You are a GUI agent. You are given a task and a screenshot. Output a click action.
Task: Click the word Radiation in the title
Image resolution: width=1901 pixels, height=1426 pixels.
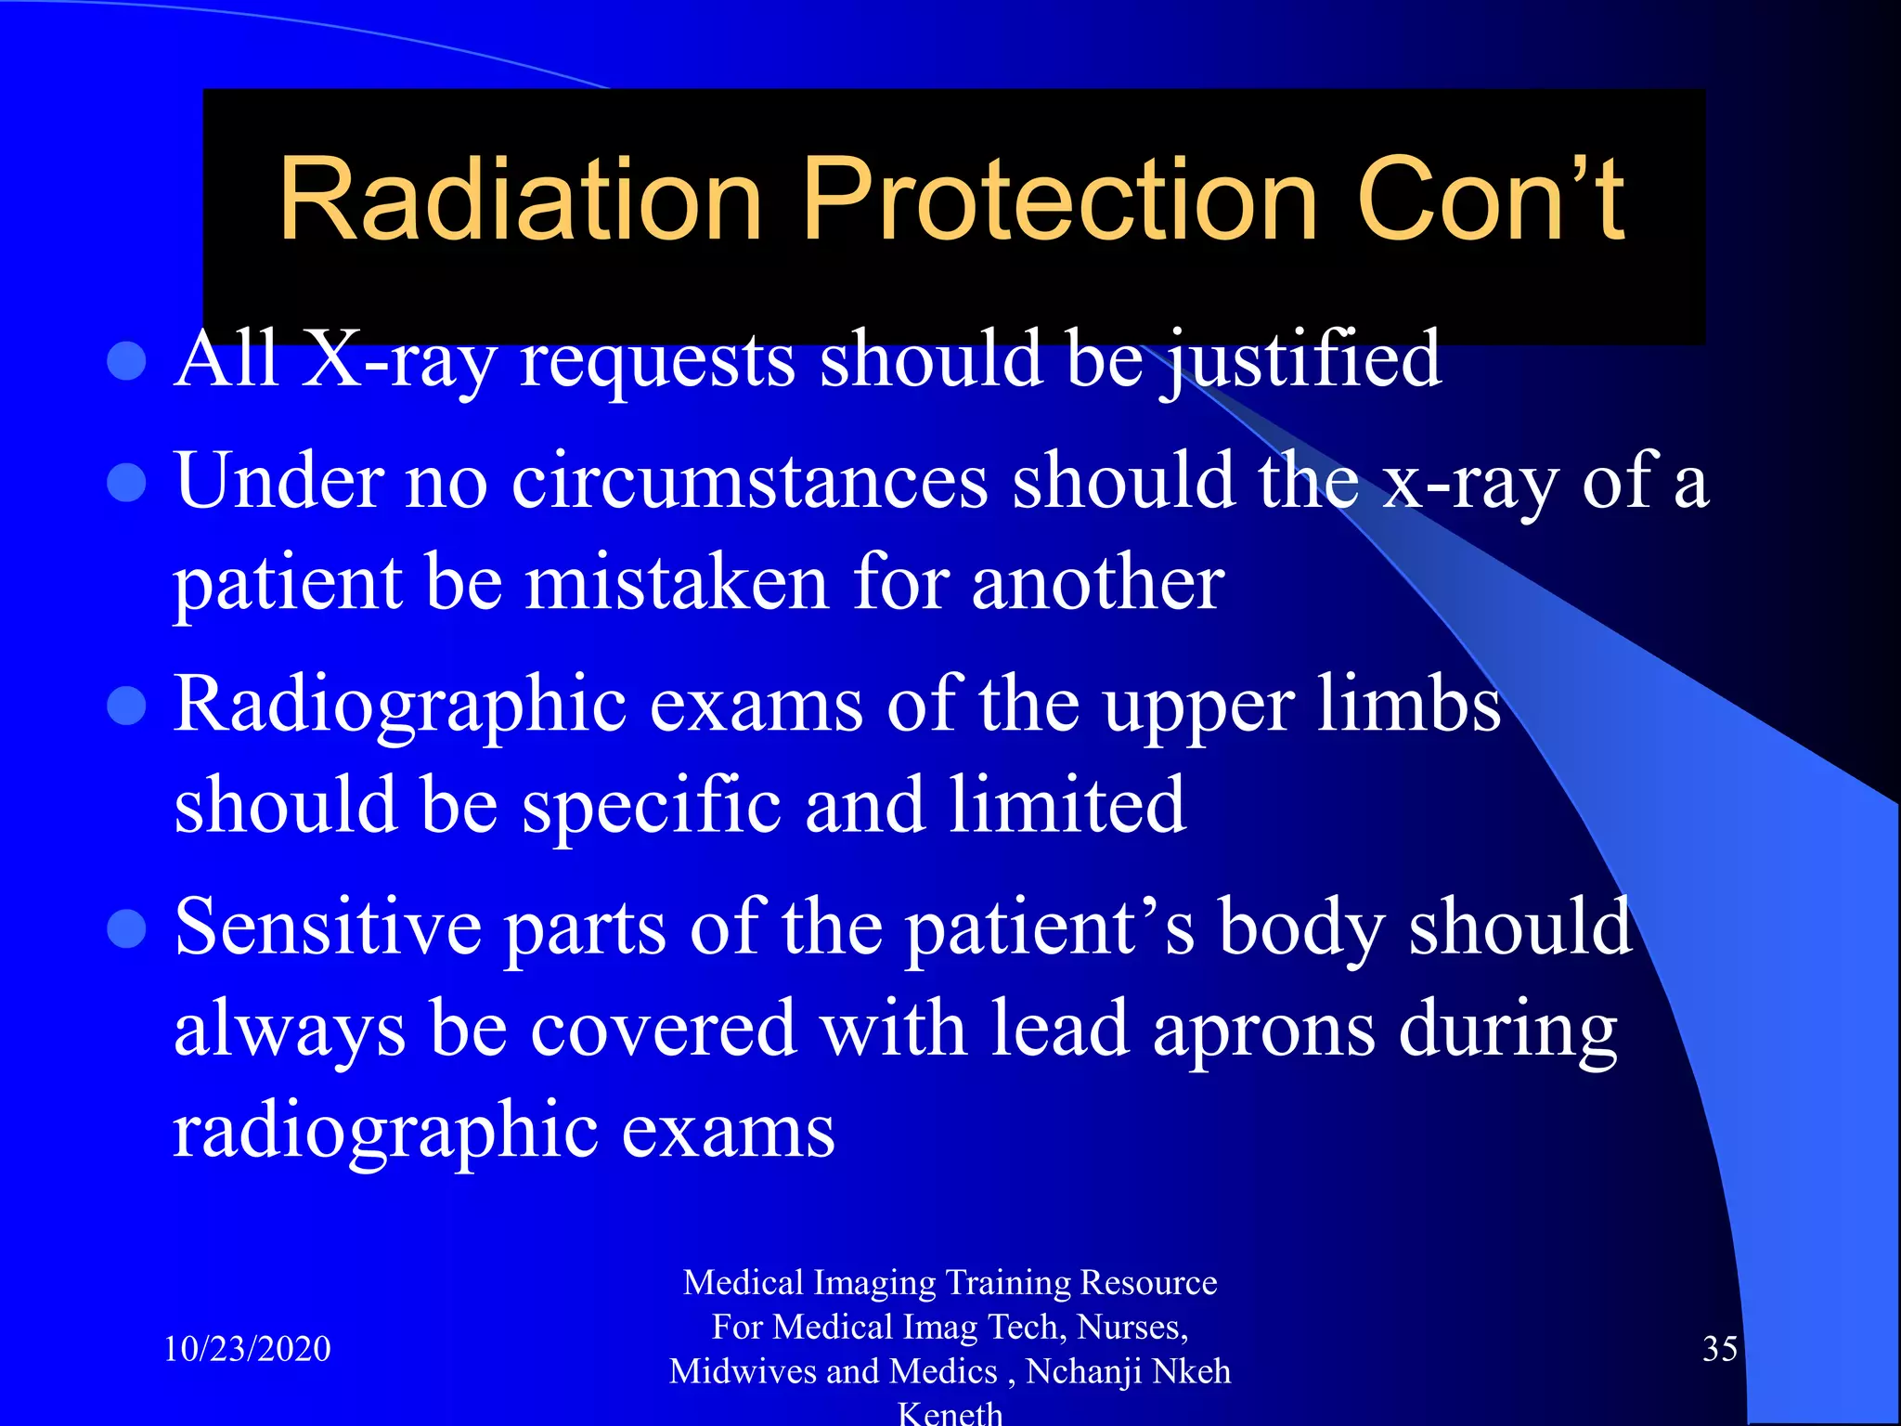[520, 200]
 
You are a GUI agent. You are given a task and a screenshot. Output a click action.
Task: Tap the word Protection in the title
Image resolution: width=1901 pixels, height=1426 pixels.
[1059, 200]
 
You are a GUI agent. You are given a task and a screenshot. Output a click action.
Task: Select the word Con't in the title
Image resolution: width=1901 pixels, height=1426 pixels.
[1490, 200]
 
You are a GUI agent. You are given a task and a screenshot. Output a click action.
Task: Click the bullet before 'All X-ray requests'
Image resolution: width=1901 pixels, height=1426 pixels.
[127, 361]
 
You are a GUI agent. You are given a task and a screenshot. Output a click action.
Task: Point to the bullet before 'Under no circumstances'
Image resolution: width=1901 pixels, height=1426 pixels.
[127, 482]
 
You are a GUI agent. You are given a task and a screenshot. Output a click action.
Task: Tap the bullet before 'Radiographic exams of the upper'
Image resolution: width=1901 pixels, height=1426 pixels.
[127, 705]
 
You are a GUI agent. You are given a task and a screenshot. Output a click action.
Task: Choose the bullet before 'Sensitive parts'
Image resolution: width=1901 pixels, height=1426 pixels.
[127, 927]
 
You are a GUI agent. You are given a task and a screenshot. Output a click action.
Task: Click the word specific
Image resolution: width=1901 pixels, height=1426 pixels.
[651, 805]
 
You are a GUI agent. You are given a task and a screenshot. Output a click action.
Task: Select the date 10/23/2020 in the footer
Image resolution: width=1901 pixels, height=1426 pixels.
[247, 1348]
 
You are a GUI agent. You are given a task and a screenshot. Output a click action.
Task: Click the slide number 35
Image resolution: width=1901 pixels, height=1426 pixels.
[1719, 1348]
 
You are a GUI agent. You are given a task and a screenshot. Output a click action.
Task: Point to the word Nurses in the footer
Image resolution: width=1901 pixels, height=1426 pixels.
[1132, 1327]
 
